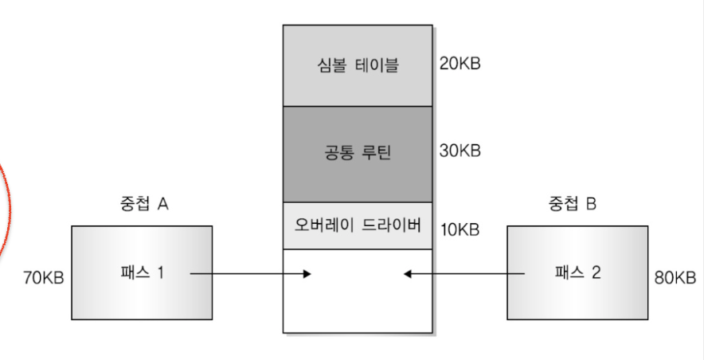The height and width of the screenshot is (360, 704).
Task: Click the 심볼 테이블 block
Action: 358,65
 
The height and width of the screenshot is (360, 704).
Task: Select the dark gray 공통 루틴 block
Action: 358,153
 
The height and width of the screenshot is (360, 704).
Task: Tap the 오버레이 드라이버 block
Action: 358,225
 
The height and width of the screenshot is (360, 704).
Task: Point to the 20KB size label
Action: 460,64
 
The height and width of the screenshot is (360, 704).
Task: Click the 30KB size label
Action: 460,151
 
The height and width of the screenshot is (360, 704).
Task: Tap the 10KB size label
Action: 460,230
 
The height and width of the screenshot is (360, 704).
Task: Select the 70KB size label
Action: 44,278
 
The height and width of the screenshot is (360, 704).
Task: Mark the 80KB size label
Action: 674,278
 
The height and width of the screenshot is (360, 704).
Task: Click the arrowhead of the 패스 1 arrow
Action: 307,275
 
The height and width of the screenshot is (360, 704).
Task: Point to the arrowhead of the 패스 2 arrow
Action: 407,275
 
